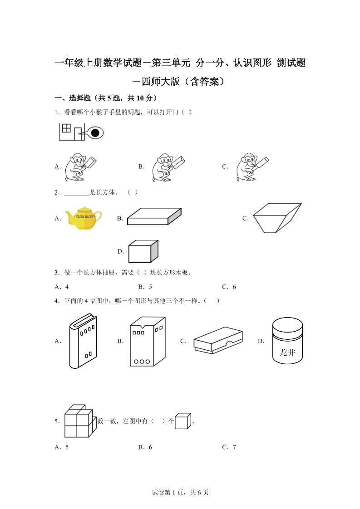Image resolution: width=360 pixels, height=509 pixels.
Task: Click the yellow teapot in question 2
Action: [x=83, y=218]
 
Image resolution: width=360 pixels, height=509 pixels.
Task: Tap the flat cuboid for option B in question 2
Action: [x=154, y=217]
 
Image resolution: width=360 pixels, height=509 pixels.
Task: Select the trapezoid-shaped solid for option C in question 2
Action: [x=276, y=218]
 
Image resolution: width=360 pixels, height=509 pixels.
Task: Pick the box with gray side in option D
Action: [x=143, y=251]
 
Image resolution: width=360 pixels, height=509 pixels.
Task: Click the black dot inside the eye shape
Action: [x=95, y=133]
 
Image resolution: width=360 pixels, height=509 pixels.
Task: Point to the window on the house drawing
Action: [x=66, y=128]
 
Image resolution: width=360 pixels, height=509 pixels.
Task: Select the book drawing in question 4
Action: [x=83, y=341]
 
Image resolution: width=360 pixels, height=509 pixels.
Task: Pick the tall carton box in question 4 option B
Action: [x=146, y=341]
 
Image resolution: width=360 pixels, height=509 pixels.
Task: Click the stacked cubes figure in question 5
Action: [x=79, y=421]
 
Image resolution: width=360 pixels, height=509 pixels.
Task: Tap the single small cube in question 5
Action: [x=183, y=421]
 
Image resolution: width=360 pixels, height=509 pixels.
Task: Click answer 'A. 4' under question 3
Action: [x=61, y=287]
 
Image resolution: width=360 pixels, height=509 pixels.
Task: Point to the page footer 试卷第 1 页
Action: [x=180, y=492]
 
